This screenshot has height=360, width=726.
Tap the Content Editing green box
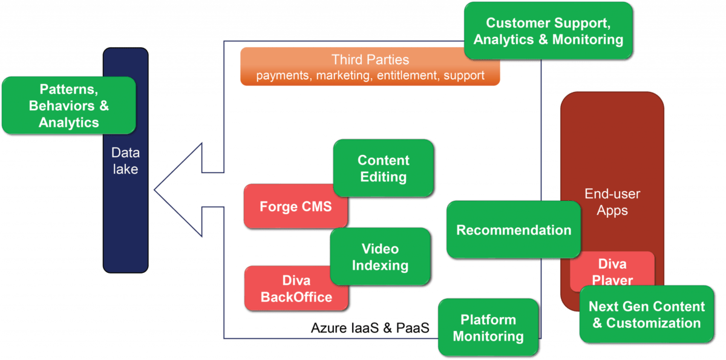tap(383, 168)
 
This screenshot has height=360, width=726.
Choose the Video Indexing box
tap(380, 257)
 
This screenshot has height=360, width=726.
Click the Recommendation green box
tap(513, 230)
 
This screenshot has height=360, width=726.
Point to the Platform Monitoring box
tap(488, 327)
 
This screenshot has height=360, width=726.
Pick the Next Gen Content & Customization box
tap(646, 315)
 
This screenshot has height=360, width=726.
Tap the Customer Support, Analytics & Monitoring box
tap(548, 31)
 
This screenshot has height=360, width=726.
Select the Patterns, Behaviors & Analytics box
tap(68, 106)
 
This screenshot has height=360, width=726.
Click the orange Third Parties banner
tap(370, 67)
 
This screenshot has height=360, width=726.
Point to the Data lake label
tap(125, 162)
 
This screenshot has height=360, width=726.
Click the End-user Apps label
tap(612, 202)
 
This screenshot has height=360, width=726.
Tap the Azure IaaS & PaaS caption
tap(370, 329)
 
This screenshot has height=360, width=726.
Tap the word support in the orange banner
tap(464, 76)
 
